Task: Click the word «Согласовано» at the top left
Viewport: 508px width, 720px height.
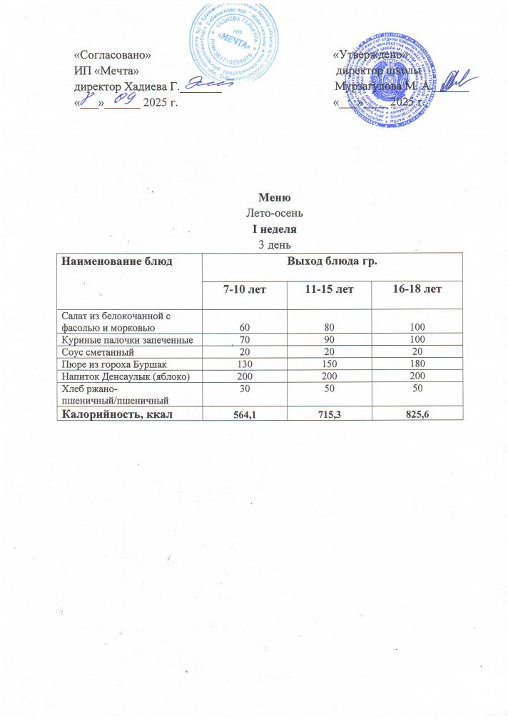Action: pos(113,54)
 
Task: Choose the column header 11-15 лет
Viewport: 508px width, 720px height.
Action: pos(329,289)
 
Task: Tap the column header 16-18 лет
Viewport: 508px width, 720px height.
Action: pos(417,289)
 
